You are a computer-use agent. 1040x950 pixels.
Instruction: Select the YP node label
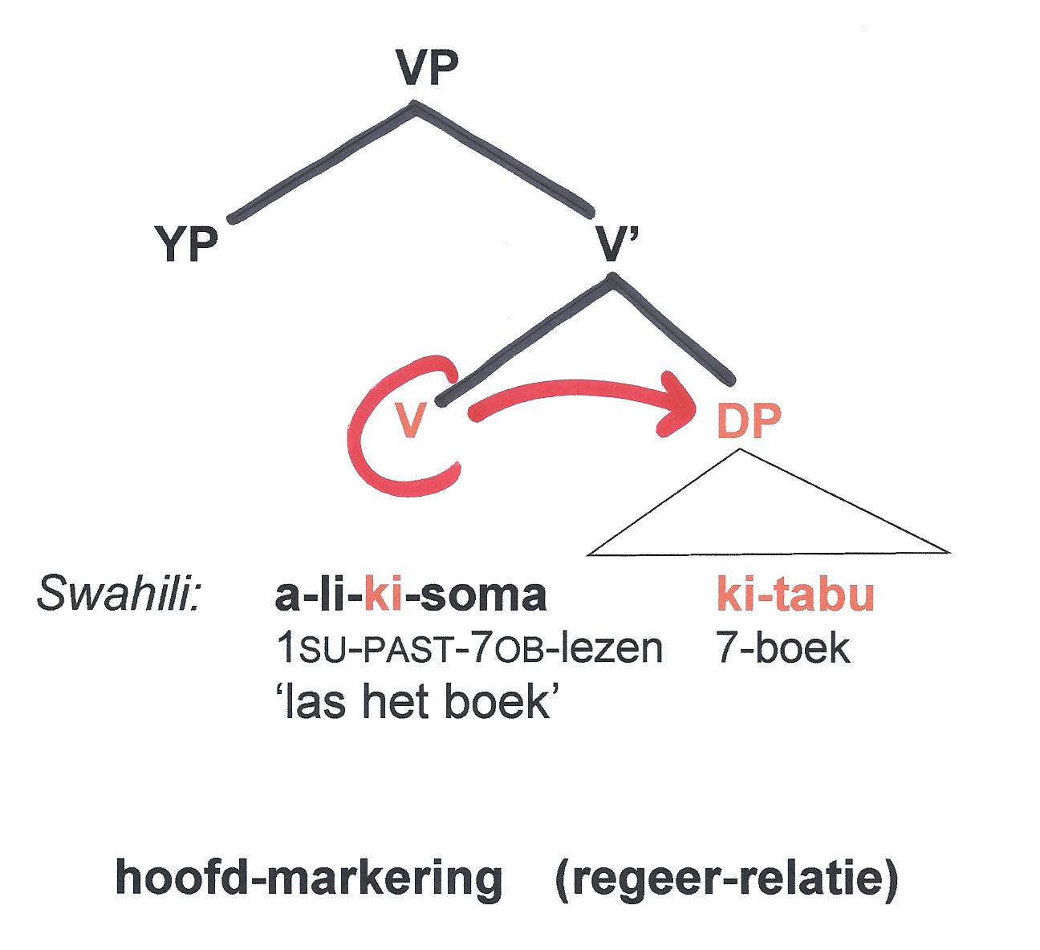click(x=186, y=246)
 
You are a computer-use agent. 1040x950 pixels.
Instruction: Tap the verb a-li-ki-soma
click(x=410, y=596)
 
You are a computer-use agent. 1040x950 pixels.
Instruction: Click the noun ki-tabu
click(x=794, y=596)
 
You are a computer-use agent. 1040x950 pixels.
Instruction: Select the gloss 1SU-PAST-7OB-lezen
click(x=469, y=648)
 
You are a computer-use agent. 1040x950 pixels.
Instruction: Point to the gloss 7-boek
click(x=782, y=648)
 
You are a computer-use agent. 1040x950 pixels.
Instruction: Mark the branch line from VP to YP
click(x=321, y=161)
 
